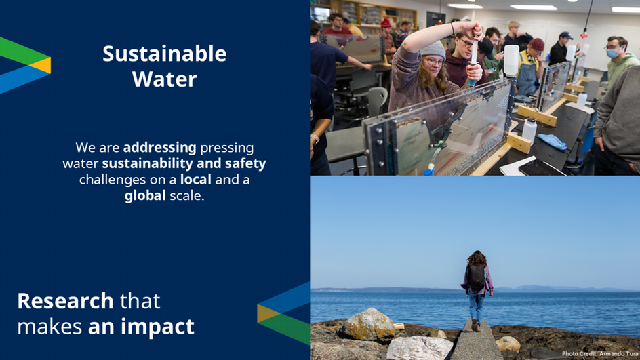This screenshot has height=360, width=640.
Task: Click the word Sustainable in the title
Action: point(165,54)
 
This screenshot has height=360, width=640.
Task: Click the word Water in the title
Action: point(165,79)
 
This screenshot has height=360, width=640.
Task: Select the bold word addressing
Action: point(159,148)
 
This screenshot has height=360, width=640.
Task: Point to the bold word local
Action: point(196,180)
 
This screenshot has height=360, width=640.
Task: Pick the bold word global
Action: point(145,196)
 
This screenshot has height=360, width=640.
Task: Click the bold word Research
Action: point(65,301)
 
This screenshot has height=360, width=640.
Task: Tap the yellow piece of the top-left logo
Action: point(43,65)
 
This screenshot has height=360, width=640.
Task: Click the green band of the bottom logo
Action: point(285,327)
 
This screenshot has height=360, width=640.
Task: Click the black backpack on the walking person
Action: point(476,277)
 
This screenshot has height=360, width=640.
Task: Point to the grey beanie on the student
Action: point(433,49)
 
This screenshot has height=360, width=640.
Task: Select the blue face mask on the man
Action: point(614,53)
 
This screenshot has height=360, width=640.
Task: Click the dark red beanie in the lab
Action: point(537,44)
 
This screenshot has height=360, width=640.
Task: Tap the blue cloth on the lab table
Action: point(551,141)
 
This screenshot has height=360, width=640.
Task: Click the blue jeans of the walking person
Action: point(476,306)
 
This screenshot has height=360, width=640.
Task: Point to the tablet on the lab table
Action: point(542,167)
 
